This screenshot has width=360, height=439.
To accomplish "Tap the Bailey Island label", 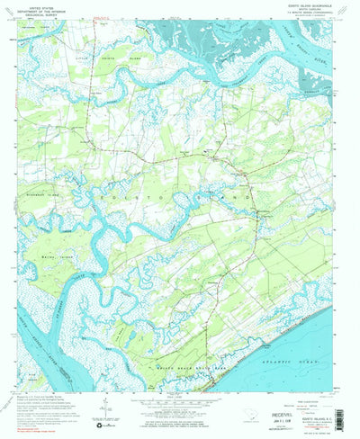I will point(59,255).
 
